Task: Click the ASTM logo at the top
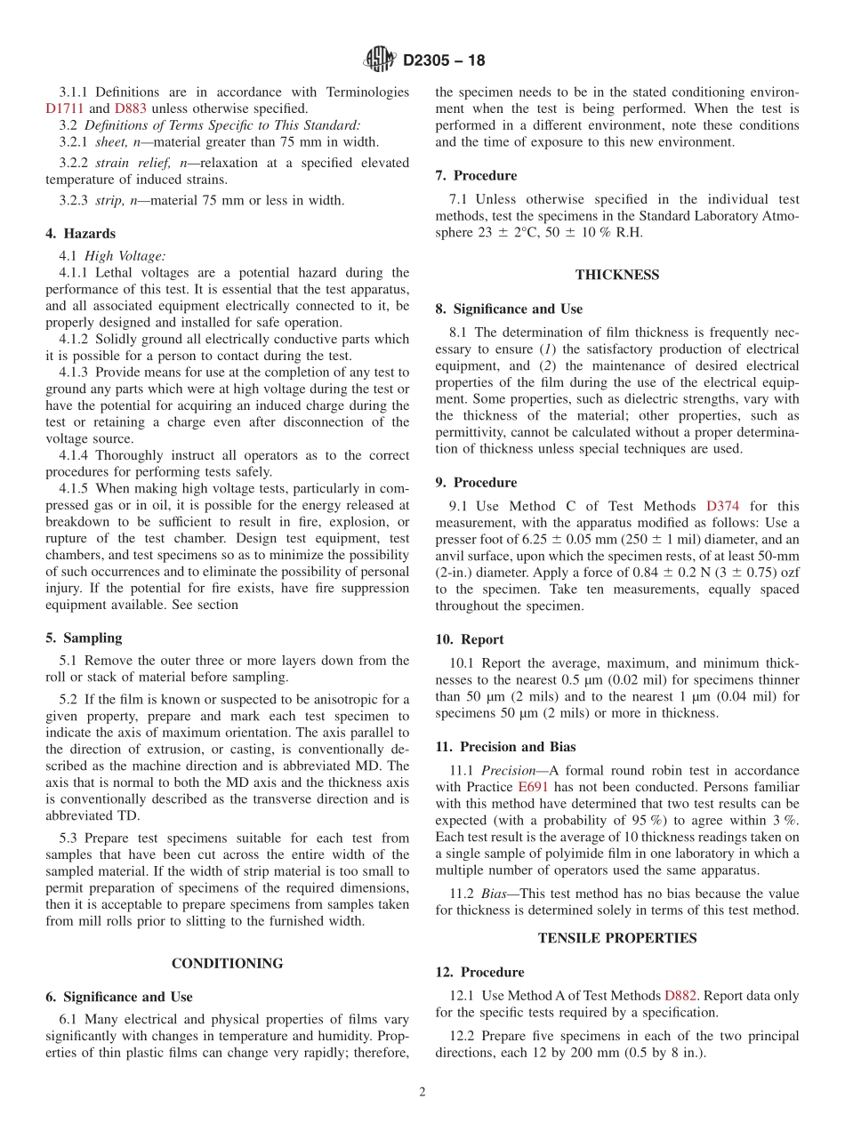tap(380, 60)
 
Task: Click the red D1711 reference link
tap(64, 108)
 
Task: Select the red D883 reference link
tap(132, 108)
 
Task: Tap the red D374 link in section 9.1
tap(722, 506)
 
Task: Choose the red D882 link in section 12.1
tap(681, 996)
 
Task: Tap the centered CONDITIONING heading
tap(227, 963)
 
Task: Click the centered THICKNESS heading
tap(616, 275)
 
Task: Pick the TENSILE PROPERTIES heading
tap(616, 938)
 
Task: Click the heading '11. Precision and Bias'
tap(505, 747)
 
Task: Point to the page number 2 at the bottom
tap(422, 1093)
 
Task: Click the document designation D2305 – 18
tap(444, 61)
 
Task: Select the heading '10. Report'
tap(470, 639)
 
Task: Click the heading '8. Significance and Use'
tap(509, 309)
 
